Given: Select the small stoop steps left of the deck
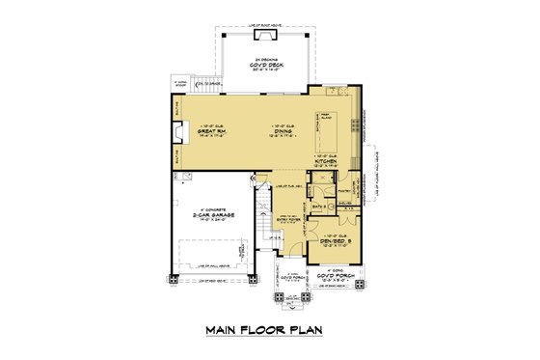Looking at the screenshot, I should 177,86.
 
